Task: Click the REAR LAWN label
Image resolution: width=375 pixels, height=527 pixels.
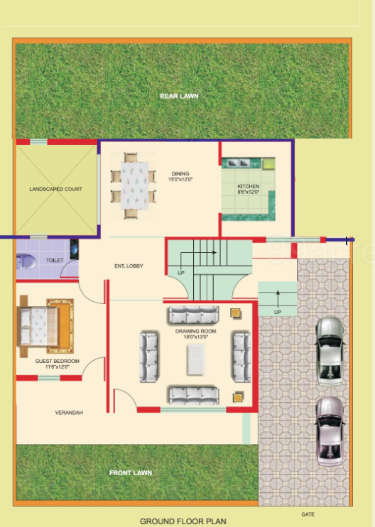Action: coord(178,96)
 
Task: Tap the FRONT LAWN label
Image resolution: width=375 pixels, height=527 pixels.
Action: coord(130,472)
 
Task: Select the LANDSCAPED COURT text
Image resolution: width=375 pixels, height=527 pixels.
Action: coord(55,190)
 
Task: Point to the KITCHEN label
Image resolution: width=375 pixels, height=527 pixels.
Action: coord(249,187)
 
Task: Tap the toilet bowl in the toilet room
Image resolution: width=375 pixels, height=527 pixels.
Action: coord(26,261)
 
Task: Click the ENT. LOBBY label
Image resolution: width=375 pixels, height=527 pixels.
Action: coord(129,266)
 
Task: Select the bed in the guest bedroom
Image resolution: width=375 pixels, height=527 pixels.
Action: coord(44,327)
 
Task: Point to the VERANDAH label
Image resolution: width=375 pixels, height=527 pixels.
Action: coord(70,413)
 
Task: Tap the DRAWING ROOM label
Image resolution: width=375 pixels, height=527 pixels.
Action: coord(196,332)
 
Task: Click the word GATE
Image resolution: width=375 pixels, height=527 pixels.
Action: coord(308,514)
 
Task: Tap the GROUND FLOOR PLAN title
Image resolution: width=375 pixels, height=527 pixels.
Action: coord(183,521)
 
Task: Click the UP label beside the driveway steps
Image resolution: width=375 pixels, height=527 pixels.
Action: coord(277,312)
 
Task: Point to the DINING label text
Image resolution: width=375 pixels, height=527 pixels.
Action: coord(179,173)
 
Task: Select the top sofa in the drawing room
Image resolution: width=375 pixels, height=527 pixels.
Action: coord(192,313)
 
